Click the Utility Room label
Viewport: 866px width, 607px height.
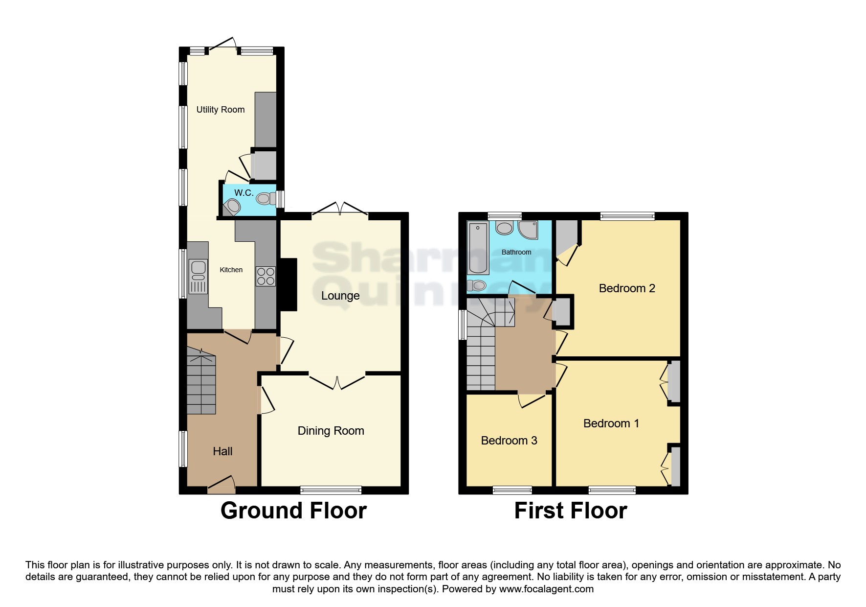pos(221,110)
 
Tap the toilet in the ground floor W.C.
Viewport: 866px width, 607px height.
pos(265,198)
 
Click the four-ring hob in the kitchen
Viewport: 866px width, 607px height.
pos(266,276)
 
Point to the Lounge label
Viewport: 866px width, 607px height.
pos(340,296)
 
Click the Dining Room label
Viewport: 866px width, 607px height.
pos(331,431)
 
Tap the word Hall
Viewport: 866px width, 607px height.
pos(222,451)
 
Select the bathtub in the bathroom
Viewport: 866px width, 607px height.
pos(478,248)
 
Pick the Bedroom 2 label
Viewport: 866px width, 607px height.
pos(627,288)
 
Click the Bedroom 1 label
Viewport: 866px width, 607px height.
pos(611,423)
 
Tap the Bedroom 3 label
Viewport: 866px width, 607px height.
pos(509,441)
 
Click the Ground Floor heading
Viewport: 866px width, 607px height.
pos(293,511)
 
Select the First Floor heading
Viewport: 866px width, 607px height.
pos(571,511)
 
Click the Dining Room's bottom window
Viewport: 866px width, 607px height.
pos(331,490)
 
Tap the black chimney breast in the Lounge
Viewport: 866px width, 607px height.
pos(288,285)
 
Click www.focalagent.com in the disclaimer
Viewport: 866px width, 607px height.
pos(546,589)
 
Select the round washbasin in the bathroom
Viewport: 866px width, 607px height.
pos(504,228)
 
